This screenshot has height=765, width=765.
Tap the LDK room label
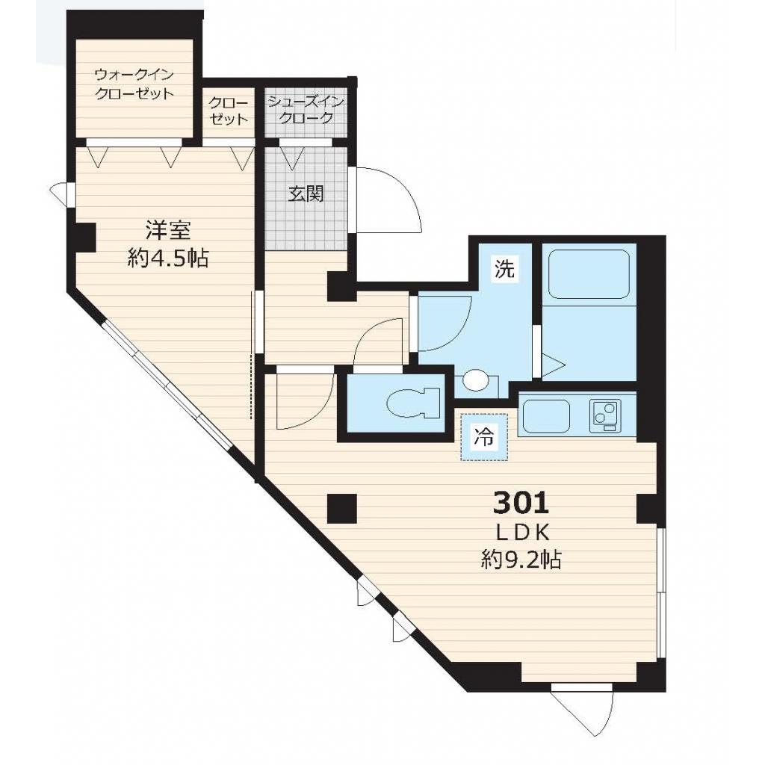tap(521, 532)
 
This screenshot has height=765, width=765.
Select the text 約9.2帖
tap(521, 560)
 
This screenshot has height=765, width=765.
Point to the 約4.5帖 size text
tap(167, 258)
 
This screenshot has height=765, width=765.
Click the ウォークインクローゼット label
tap(134, 84)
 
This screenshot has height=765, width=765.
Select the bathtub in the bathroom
tap(589, 274)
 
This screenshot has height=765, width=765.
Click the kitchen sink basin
tap(546, 416)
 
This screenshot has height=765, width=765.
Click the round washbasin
tap(474, 380)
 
